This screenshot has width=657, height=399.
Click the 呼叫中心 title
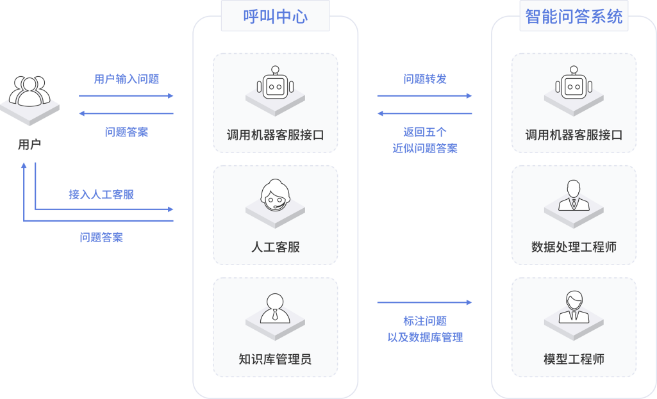(x=275, y=17)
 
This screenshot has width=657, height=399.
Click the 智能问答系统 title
(x=574, y=17)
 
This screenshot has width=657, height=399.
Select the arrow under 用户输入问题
(x=126, y=96)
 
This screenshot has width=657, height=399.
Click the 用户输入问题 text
(x=126, y=79)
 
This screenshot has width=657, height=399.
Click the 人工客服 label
(x=275, y=247)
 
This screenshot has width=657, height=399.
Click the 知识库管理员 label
(x=275, y=359)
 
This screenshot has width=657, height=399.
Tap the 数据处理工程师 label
(x=574, y=247)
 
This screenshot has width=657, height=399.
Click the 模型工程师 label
(x=574, y=359)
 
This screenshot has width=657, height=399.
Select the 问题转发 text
(x=425, y=79)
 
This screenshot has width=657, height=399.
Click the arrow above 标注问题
(x=424, y=302)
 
